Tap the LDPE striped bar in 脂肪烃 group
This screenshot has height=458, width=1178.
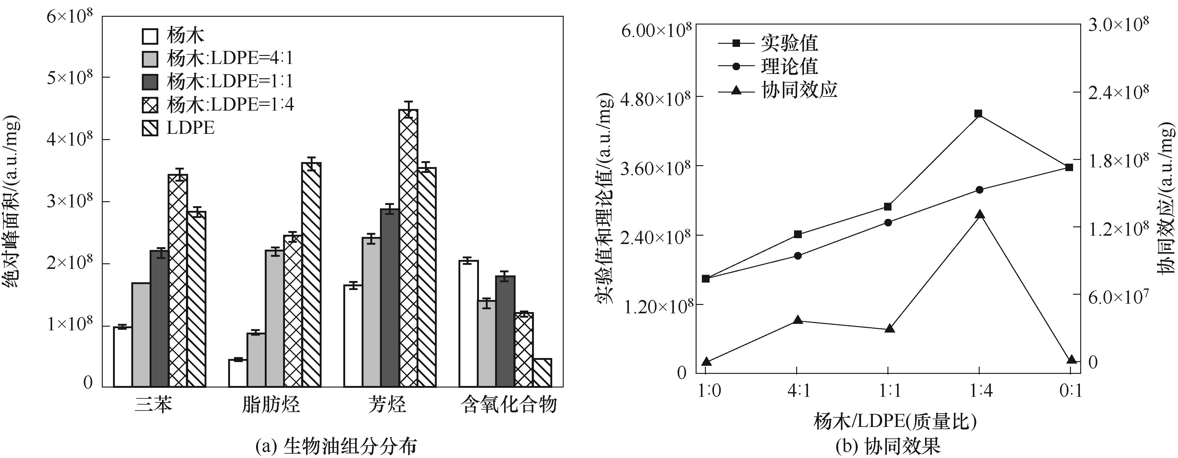pos(311,274)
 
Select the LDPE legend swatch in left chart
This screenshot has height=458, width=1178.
pos(151,129)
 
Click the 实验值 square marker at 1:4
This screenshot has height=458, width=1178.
pos(979,113)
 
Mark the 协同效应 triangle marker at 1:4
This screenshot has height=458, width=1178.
pos(979,215)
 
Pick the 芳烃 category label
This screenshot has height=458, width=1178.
pos(387,405)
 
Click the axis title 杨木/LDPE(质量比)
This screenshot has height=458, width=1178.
pos(895,421)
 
